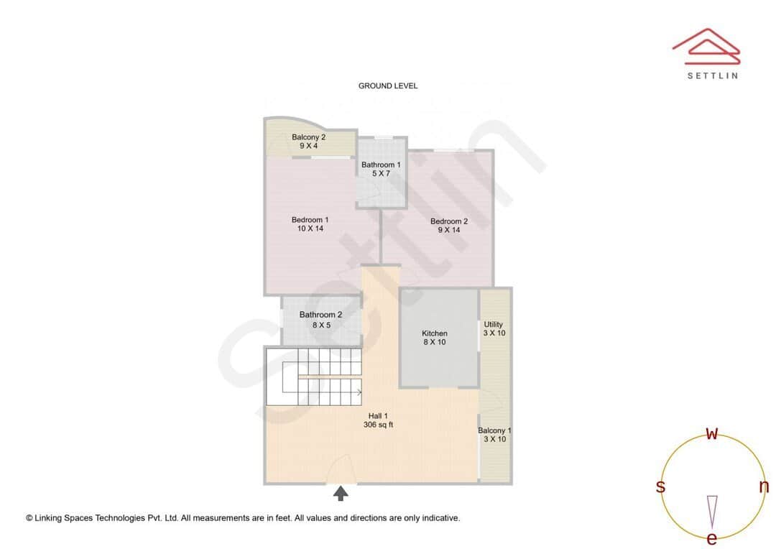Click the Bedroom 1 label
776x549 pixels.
tap(310, 220)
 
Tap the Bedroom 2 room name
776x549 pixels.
tap(449, 221)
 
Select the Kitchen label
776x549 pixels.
tap(435, 333)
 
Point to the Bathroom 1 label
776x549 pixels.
tap(381, 165)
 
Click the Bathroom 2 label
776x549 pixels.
tap(320, 315)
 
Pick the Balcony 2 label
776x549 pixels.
tap(308, 137)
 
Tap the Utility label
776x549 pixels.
tap(494, 325)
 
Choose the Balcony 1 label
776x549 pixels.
tap(494, 430)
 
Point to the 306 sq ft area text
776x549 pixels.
tap(378, 425)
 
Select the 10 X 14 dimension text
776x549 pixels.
tap(310, 229)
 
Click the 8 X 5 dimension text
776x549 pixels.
tap(321, 326)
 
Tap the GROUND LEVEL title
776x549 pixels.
tap(388, 86)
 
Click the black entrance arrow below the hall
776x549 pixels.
tap(341, 493)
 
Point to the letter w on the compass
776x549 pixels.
tap(712, 433)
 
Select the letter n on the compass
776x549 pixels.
tap(764, 487)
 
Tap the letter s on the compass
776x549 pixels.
tap(660, 487)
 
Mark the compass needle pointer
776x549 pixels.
tap(712, 510)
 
